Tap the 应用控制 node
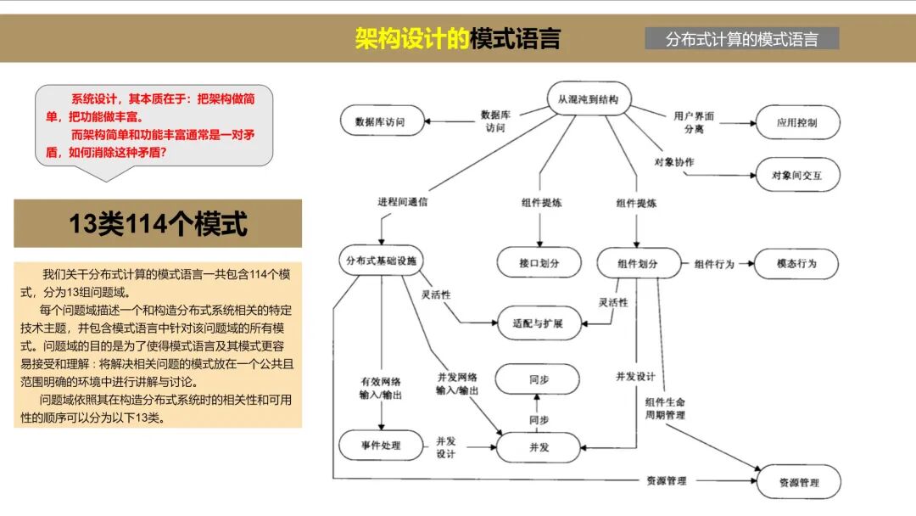point(797,122)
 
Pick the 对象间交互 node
point(797,176)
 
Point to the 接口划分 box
point(539,263)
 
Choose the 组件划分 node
point(640,263)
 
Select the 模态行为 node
point(797,263)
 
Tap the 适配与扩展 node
point(538,323)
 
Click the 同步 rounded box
point(538,380)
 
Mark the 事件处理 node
point(380,444)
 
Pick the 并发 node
point(538,446)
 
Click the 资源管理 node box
point(798,482)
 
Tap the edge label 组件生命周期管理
point(665,408)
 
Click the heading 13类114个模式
point(158,224)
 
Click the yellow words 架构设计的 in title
point(411,39)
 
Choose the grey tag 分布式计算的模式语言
point(742,39)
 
